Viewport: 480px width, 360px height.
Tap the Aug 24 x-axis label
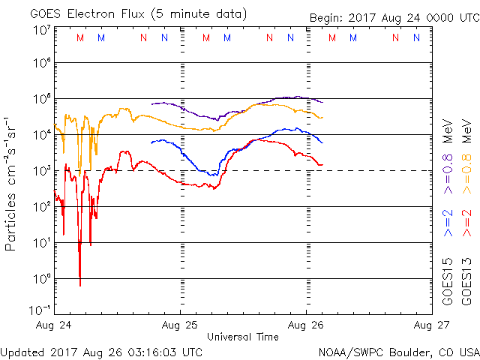[x=54, y=325]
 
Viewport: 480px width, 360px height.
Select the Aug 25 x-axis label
[x=180, y=325]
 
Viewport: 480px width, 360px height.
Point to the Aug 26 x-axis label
[x=306, y=325]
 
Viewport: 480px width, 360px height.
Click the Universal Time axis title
[x=242, y=337]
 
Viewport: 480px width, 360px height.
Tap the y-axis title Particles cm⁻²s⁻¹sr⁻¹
[x=12, y=183]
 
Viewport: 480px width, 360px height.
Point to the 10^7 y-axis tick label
[x=40, y=30]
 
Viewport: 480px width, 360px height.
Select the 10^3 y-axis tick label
[x=40, y=170]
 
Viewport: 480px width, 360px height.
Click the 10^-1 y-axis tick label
[x=40, y=310]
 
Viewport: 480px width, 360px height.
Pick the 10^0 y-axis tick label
[x=40, y=278]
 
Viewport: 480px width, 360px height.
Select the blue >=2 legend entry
[x=448, y=223]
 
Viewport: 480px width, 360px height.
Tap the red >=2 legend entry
[x=466, y=223]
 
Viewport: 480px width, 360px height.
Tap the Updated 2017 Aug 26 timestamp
[x=101, y=351]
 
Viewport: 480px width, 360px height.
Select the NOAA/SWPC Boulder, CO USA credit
[x=398, y=351]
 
